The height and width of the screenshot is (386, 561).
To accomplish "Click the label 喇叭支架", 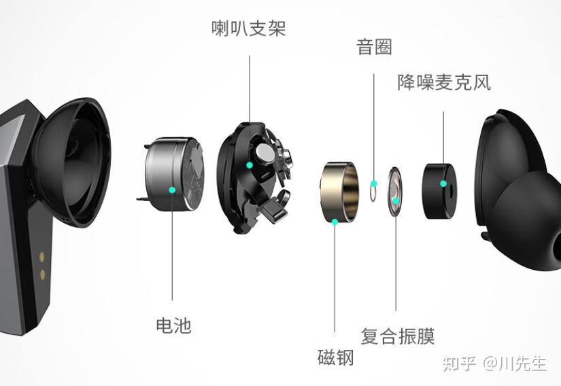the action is coord(248,29).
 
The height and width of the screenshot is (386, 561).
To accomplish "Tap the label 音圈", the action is coord(374,47).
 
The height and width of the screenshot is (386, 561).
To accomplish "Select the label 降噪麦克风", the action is coord(443,83).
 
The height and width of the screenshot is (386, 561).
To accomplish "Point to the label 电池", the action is coord(173,325).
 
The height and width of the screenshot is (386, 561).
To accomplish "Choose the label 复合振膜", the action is coord(397,336).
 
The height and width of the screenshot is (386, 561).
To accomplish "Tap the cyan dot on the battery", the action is coord(173,190).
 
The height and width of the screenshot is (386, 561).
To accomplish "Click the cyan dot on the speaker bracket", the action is coord(250,165).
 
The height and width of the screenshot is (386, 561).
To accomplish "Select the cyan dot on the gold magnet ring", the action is coord(335,220).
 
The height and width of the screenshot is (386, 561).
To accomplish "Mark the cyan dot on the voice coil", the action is coord(373,183).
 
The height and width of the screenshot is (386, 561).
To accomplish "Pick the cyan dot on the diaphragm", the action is coord(396,200).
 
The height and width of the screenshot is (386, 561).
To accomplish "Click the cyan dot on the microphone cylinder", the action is coord(443,183).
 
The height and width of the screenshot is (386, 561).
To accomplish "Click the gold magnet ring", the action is coord(340,190).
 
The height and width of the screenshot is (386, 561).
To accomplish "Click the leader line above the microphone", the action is coord(443,136).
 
